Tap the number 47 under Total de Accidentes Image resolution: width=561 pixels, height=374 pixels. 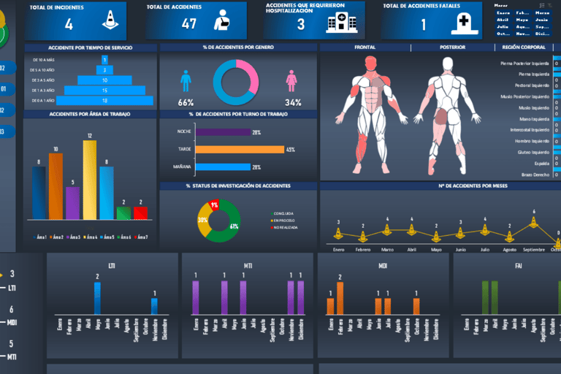click(189, 23)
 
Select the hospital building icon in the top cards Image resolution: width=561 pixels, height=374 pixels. click(337, 23)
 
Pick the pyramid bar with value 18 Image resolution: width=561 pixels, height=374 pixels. click(106, 100)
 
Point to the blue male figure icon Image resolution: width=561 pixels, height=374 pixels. click(186, 80)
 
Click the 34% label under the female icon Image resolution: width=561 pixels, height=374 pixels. click(293, 102)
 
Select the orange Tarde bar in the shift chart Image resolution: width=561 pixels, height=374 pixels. click(240, 149)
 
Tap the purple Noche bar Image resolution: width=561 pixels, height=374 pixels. click(222, 132)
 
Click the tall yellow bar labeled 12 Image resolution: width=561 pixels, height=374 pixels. click(90, 180)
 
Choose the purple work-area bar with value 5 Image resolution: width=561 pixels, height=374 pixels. click(72, 203)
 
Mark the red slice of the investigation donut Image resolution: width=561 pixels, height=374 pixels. click(214, 205)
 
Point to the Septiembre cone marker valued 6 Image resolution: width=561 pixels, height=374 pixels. click(534, 221)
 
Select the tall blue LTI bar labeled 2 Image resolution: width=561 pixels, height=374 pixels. click(97, 297)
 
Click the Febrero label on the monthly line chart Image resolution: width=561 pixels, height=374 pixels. click(363, 249)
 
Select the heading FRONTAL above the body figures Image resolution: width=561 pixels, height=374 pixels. click(365, 47)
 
